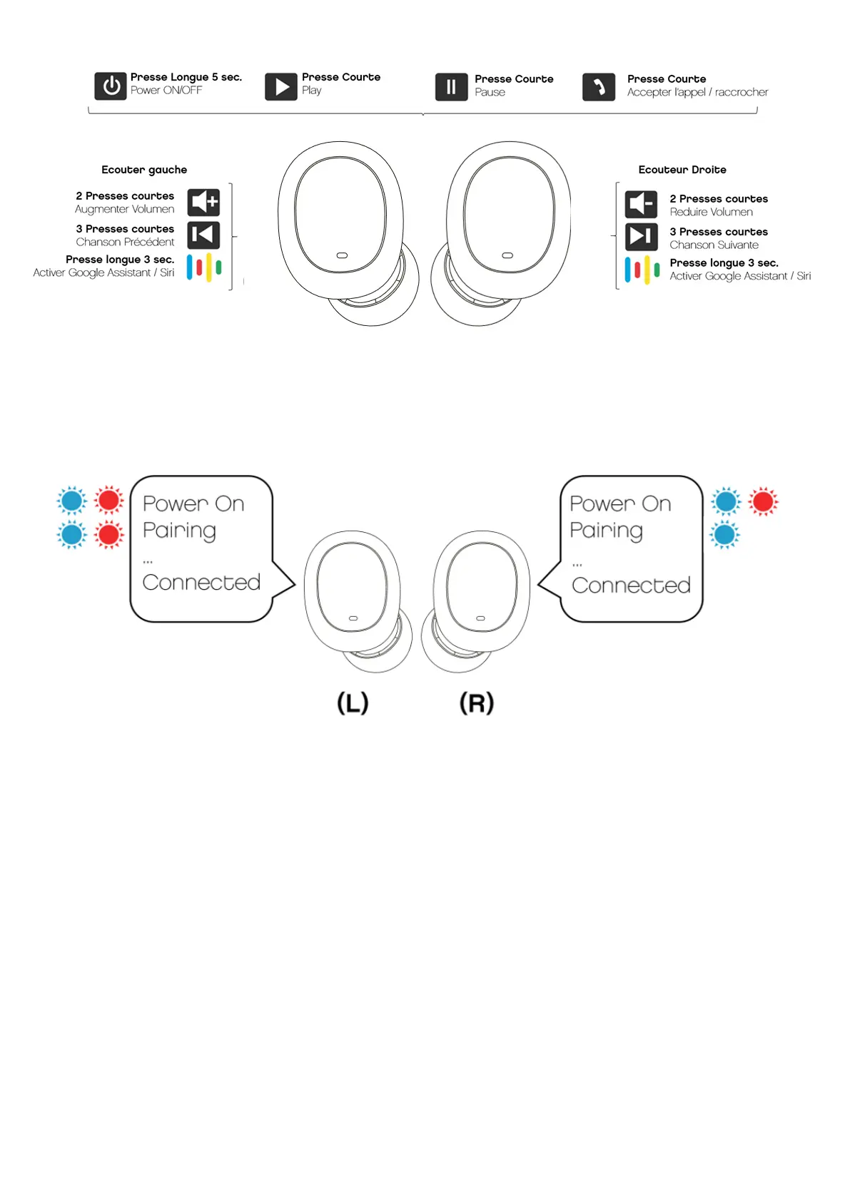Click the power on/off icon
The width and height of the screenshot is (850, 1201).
pyautogui.click(x=111, y=86)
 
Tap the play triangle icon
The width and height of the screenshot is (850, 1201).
pyautogui.click(x=281, y=87)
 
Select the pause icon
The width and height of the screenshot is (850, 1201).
pyautogui.click(x=451, y=87)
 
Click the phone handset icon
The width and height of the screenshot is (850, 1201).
pyautogui.click(x=599, y=87)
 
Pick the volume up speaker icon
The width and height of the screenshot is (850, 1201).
pyautogui.click(x=203, y=203)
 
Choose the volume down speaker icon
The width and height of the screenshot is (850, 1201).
pyautogui.click(x=641, y=205)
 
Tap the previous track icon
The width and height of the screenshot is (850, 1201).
pyautogui.click(x=203, y=235)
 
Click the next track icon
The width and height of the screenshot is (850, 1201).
pyautogui.click(x=641, y=236)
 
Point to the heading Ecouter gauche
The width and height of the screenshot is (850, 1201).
pyautogui.click(x=144, y=170)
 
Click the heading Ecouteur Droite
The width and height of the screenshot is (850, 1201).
pyautogui.click(x=682, y=170)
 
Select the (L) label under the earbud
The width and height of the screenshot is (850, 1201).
pyautogui.click(x=353, y=703)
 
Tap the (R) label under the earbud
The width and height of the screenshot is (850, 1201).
pyautogui.click(x=477, y=703)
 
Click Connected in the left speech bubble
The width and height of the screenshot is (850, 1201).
pyautogui.click(x=201, y=583)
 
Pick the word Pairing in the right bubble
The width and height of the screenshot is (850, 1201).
pyautogui.click(x=606, y=531)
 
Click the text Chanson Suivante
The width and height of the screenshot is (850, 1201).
pyautogui.click(x=714, y=245)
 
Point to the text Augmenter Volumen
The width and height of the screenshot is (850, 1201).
pyautogui.click(x=124, y=210)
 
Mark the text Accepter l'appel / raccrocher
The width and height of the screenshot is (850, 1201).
pyautogui.click(x=697, y=93)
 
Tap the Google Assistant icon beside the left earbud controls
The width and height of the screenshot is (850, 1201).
pyautogui.click(x=204, y=267)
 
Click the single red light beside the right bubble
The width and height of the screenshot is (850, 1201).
pyautogui.click(x=763, y=502)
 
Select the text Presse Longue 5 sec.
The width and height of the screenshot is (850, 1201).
pyautogui.click(x=186, y=77)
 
